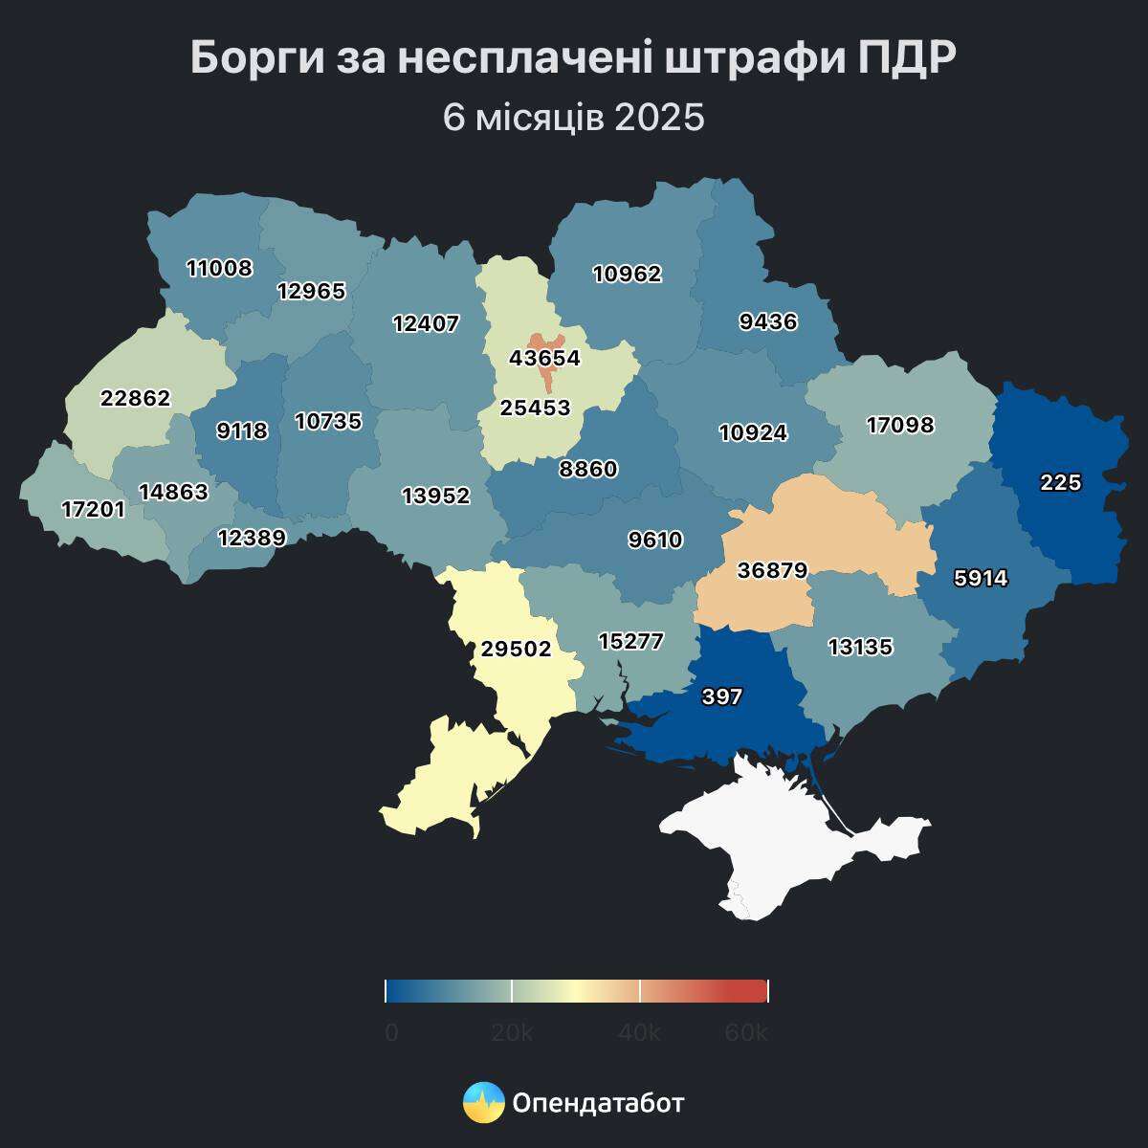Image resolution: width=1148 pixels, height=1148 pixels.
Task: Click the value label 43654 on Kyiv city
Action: tap(544, 358)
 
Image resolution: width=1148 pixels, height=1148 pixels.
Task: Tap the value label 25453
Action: tap(535, 408)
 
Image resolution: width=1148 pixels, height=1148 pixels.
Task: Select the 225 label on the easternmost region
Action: tap(1060, 483)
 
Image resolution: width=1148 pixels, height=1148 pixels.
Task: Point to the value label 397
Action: tap(721, 696)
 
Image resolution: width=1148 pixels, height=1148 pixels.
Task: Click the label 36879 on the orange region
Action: tap(772, 571)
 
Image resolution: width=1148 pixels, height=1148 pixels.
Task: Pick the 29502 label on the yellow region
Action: tap(516, 650)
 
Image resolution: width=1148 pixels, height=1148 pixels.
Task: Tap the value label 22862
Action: tap(135, 398)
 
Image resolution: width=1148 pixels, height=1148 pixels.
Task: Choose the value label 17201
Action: tap(93, 510)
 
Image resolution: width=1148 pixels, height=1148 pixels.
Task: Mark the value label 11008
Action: tap(219, 268)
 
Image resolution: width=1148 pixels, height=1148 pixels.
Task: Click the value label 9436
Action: tap(768, 321)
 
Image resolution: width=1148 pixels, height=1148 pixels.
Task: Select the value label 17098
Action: tap(899, 424)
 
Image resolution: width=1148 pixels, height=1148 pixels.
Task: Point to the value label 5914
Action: tap(981, 578)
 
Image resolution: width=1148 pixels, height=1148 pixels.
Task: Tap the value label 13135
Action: tap(859, 647)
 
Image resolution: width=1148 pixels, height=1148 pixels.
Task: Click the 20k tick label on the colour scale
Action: tap(512, 1033)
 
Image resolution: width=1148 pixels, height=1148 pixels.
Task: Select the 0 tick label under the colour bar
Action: tap(391, 1033)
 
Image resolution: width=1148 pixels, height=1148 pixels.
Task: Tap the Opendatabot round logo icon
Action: tap(483, 1103)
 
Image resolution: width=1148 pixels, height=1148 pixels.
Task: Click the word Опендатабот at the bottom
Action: tap(598, 1103)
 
